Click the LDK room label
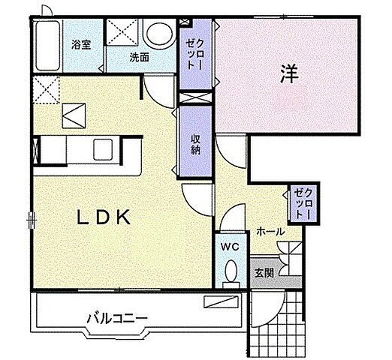coord(106,217)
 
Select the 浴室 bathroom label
coord(80,44)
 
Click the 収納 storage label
coord(194,142)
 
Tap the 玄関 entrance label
coord(263,271)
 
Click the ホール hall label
coord(269,232)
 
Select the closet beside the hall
coord(302,202)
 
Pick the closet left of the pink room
coord(196,54)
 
